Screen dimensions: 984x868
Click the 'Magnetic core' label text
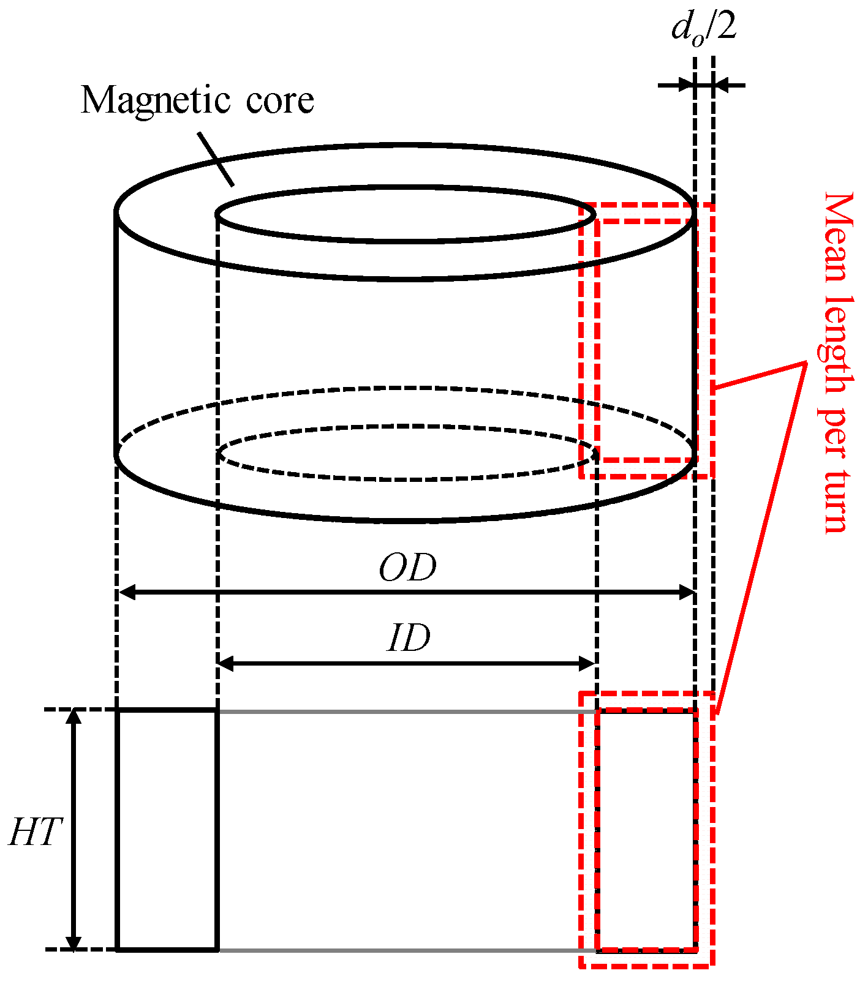click(x=197, y=100)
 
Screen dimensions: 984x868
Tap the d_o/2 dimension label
click(x=704, y=29)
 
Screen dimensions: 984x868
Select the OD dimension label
click(x=407, y=568)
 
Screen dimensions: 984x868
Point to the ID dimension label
click(x=409, y=639)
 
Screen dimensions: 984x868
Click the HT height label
click(x=36, y=833)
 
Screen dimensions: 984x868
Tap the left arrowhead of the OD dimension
click(x=126, y=593)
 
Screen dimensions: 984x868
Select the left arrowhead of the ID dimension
click(x=226, y=663)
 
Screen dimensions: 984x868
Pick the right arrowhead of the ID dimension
click(x=587, y=663)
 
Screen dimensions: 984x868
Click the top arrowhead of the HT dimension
click(x=74, y=717)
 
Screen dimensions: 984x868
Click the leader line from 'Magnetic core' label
click(x=216, y=159)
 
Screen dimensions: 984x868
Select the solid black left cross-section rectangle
click(x=167, y=830)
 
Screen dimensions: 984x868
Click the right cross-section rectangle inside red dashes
click(x=647, y=830)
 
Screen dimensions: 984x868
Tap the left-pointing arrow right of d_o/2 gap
click(x=729, y=85)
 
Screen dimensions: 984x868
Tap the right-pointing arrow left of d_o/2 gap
click(x=677, y=85)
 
